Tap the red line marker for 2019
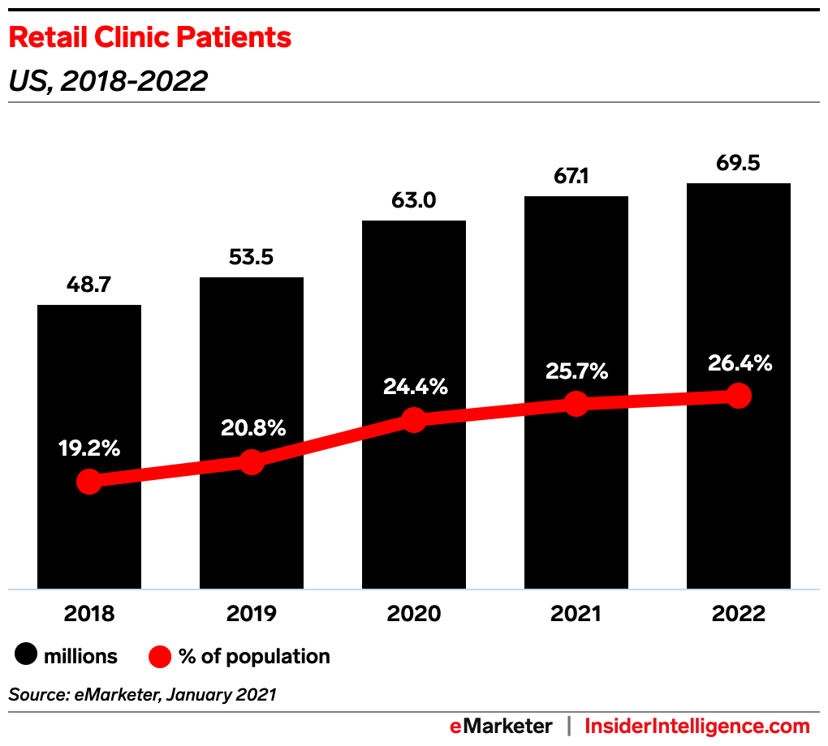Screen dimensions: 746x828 pyautogui.click(x=252, y=462)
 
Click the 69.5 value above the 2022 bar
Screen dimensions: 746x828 pyautogui.click(x=739, y=165)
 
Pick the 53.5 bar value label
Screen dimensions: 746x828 pyautogui.click(x=252, y=258)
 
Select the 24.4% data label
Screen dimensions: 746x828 pyautogui.click(x=414, y=387)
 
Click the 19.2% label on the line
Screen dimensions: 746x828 pyautogui.click(x=89, y=448)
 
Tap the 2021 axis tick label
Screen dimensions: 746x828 pyautogui.click(x=576, y=614)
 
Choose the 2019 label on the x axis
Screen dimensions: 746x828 pyautogui.click(x=252, y=614)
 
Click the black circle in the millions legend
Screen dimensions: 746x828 pyautogui.click(x=27, y=656)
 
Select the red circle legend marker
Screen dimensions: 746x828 pyautogui.click(x=160, y=656)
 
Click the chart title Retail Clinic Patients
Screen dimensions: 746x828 pyautogui.click(x=149, y=37)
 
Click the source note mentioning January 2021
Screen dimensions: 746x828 pyautogui.click(x=143, y=695)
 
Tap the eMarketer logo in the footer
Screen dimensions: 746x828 pyautogui.click(x=501, y=726)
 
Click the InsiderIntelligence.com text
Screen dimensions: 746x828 pyautogui.click(x=697, y=726)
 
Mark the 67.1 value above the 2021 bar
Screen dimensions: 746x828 pyautogui.click(x=576, y=178)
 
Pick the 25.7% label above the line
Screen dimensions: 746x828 pyautogui.click(x=576, y=371)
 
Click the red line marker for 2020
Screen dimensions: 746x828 pyautogui.click(x=414, y=420)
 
